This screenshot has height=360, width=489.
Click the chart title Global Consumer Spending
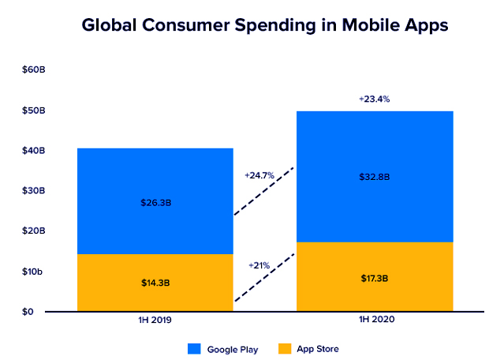coord(265,25)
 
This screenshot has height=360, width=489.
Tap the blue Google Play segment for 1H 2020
coord(375,150)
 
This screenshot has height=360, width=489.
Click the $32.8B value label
coord(375,178)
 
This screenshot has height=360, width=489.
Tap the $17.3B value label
coord(375,278)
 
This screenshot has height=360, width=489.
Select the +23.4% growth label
coord(374,99)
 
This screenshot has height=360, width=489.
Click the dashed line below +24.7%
coord(263,191)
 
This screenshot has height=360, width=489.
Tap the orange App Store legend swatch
coord(286,348)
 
